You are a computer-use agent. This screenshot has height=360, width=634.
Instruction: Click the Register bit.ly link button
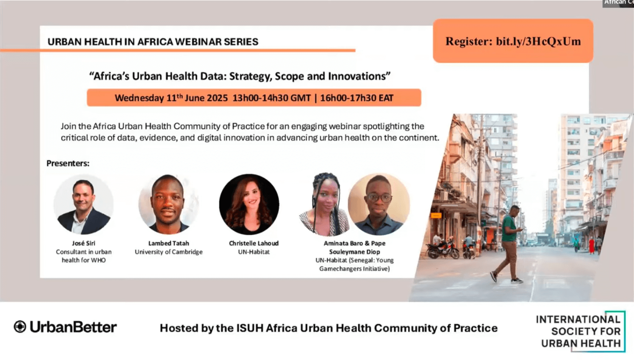tap(513, 41)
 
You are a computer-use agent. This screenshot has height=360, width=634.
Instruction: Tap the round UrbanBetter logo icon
tap(20, 326)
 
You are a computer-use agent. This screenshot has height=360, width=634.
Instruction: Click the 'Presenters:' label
tap(68, 163)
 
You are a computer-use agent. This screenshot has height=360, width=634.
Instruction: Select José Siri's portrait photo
tap(83, 204)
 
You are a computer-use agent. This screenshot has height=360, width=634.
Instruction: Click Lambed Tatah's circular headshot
tap(168, 204)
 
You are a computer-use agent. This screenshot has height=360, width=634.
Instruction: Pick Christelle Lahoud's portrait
tap(249, 204)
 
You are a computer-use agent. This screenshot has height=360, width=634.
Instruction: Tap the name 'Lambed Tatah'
tap(169, 243)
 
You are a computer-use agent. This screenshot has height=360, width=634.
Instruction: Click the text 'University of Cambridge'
tap(169, 252)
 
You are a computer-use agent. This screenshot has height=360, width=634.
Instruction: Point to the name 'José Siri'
tap(83, 243)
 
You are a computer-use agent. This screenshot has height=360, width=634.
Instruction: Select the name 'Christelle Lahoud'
tap(254, 243)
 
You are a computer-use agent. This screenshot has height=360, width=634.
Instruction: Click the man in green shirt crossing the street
tap(509, 244)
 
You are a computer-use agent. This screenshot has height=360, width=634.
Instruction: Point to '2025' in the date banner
tap(217, 98)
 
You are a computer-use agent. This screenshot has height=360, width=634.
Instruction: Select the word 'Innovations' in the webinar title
tap(359, 76)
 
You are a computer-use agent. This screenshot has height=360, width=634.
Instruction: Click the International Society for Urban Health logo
tap(581, 331)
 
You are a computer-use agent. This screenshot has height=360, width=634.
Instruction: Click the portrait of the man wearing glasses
tap(379, 204)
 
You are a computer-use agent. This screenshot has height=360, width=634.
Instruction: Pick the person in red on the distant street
tap(591, 246)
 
